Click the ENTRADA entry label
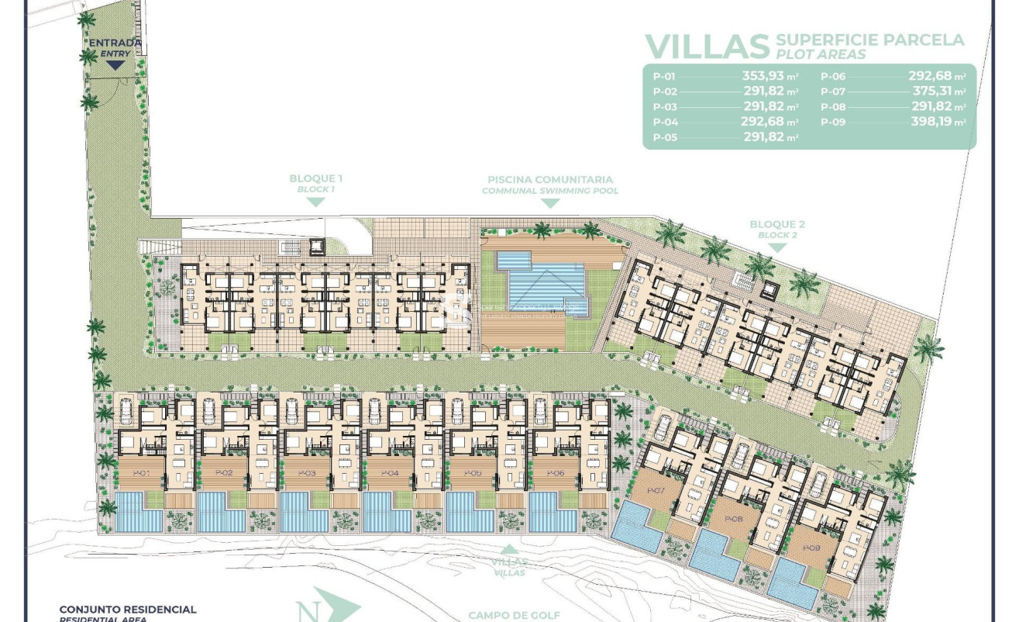[115, 43]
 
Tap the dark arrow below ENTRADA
[115, 65]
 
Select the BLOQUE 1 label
[315, 178]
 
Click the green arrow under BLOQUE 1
[315, 202]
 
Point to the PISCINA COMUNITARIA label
[549, 179]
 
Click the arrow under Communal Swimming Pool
[549, 203]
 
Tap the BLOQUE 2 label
[777, 224]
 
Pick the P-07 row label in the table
[833, 92]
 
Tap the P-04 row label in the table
[666, 122]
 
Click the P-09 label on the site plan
[811, 548]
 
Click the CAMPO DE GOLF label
[514, 615]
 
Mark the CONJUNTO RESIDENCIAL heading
[128, 610]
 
